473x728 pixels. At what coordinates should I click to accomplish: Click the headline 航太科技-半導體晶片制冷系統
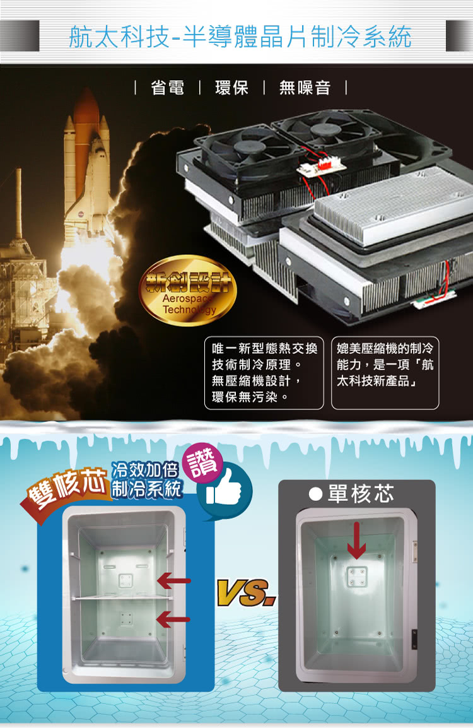click(240, 37)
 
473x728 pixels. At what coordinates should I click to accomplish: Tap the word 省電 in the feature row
click(168, 87)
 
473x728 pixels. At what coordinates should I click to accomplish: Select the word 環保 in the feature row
click(231, 87)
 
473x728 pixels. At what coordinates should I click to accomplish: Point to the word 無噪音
click(305, 87)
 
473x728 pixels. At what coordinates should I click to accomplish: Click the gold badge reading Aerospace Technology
click(188, 290)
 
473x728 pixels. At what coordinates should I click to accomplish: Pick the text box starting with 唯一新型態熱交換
click(264, 373)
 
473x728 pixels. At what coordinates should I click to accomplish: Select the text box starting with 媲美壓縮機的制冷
click(385, 373)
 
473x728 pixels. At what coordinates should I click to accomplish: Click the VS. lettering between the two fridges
click(247, 593)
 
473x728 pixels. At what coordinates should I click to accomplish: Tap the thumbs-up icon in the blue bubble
click(224, 489)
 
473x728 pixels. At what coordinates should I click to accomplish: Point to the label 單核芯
click(361, 493)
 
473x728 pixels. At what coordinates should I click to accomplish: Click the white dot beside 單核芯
click(315, 494)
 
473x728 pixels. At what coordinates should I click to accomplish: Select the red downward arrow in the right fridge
click(356, 540)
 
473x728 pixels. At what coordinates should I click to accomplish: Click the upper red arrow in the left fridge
click(174, 580)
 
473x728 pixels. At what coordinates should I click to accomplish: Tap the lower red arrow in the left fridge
click(173, 619)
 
